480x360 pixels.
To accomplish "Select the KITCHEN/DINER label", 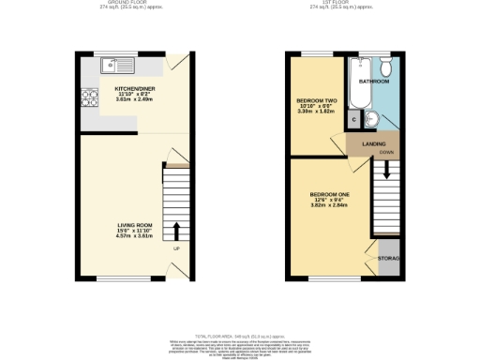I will [133, 89].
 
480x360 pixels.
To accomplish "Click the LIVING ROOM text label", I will [134, 224].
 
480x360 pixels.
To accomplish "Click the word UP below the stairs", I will [175, 248].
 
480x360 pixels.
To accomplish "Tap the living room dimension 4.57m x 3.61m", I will [134, 236].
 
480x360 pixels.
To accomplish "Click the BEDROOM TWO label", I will [314, 99].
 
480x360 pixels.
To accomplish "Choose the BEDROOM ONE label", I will [329, 194].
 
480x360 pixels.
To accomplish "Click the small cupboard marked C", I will [353, 119].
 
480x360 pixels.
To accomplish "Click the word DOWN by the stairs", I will [385, 151].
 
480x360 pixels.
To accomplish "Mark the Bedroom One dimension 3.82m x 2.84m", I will [329, 206].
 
